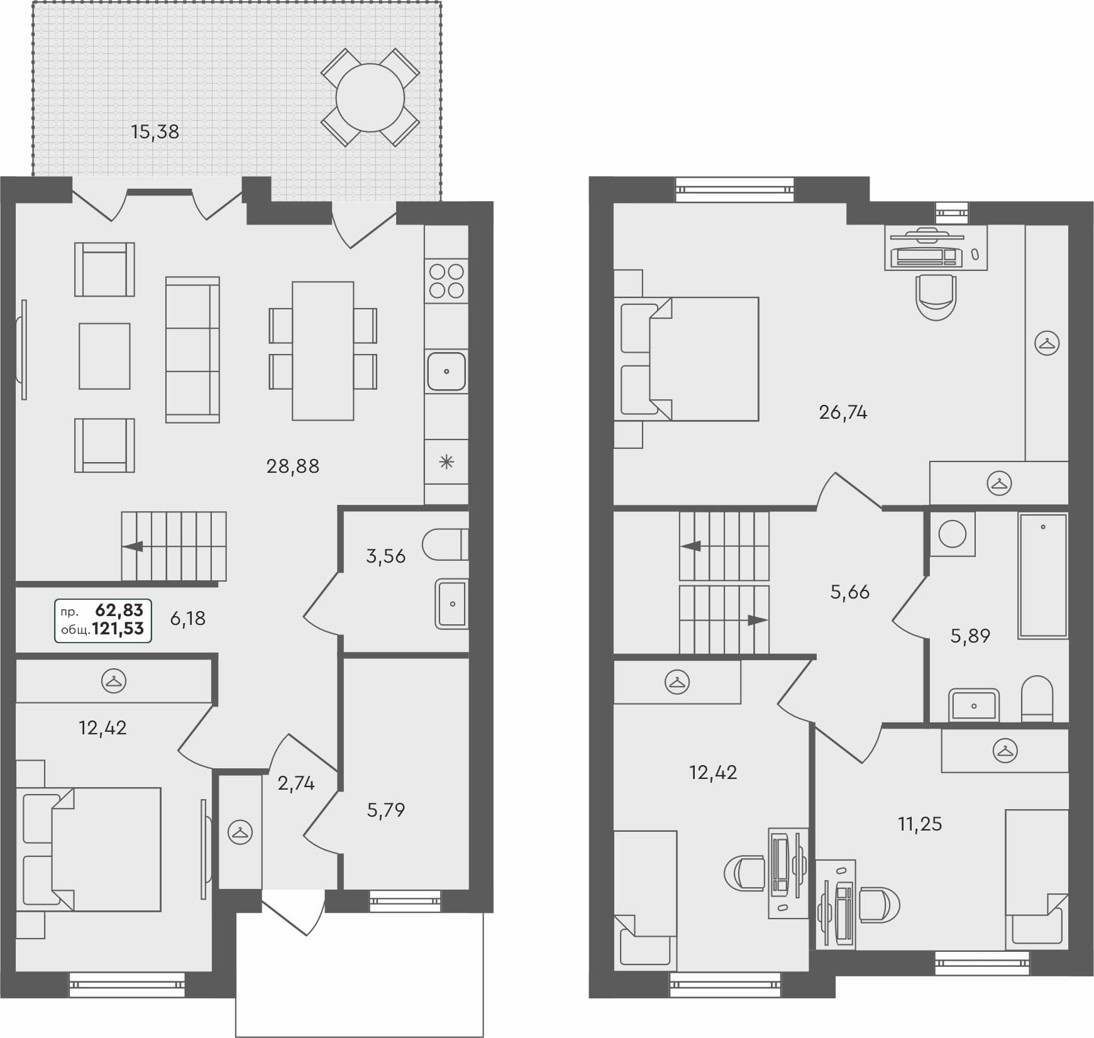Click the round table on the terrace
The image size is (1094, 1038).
[370, 97]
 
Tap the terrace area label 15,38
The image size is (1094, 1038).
[155, 132]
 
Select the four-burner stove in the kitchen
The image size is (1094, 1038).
[446, 281]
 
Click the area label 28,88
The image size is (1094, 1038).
[292, 467]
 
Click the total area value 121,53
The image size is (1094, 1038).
[118, 629]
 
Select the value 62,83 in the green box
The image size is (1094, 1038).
[119, 610]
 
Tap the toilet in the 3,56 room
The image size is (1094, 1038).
[445, 544]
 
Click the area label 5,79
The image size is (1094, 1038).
[385, 810]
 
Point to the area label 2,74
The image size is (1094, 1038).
[296, 783]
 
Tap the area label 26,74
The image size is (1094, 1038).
[843, 412]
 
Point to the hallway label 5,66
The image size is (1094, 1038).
[849, 592]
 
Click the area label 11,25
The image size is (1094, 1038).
[920, 824]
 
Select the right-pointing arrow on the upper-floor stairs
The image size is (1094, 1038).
[756, 621]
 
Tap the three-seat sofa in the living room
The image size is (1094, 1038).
[192, 350]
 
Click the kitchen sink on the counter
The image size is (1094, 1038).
[446, 372]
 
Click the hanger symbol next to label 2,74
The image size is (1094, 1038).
[240, 832]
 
